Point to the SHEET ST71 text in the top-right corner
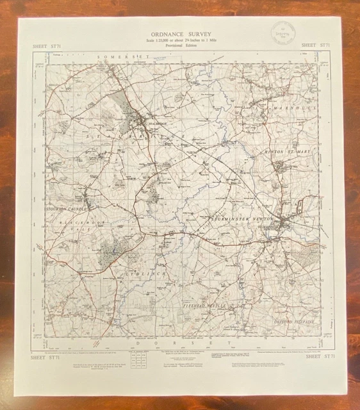pyautogui.click(x=315, y=45)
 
